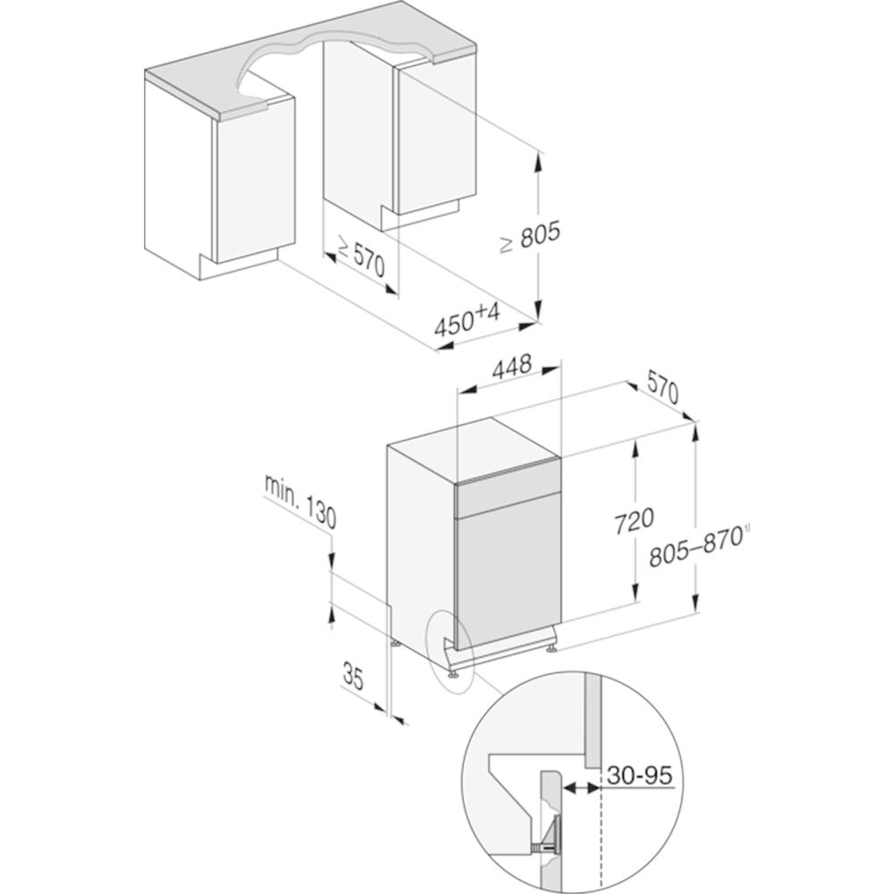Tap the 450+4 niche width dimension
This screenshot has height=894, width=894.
coord(468,319)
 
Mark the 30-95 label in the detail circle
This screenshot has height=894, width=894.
coord(640,775)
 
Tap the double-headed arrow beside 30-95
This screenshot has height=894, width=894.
coord(581,788)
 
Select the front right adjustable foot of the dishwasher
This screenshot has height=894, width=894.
coord(552,648)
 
